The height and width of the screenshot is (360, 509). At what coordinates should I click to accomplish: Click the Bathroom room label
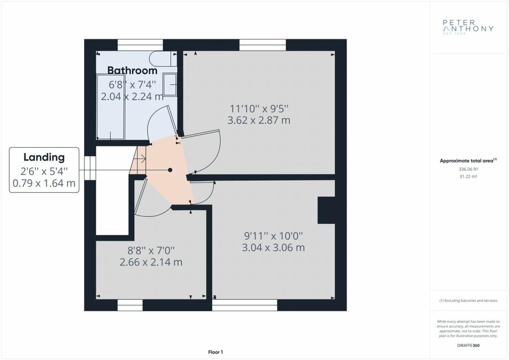point(132,71)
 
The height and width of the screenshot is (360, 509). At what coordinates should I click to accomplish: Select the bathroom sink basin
point(170,84)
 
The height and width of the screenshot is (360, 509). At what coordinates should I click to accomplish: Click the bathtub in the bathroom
point(111,107)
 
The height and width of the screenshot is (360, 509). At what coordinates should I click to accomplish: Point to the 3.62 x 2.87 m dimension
point(258,120)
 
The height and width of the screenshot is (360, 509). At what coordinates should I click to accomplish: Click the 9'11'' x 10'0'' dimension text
point(273,236)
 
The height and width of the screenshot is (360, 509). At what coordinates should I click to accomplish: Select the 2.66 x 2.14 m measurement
point(151,262)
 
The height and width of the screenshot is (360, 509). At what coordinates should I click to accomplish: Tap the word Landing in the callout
point(44,157)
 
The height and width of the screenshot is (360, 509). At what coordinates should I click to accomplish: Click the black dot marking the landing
point(170,170)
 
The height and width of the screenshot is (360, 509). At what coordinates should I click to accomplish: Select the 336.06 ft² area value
point(468,169)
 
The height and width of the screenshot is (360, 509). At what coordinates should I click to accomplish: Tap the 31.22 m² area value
point(468,177)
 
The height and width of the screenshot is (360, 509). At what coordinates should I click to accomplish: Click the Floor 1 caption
point(216,352)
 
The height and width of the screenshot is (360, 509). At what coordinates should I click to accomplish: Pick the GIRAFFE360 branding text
point(468,346)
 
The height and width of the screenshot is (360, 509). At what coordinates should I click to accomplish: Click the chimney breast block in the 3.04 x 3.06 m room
point(326,210)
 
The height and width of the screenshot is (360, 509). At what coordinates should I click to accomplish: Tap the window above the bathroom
point(140,45)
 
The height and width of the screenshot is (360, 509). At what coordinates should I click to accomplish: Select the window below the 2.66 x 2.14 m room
point(130,305)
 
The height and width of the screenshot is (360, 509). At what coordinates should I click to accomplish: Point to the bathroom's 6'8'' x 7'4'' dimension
point(132,85)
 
